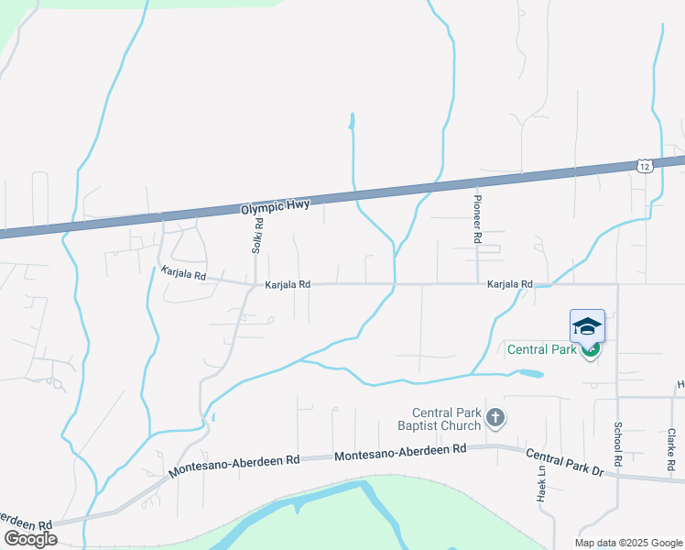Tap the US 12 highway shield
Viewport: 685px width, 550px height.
645,165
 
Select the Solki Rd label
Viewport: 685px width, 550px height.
258,236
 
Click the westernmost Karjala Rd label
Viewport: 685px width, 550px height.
183,273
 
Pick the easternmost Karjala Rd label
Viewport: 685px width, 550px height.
510,285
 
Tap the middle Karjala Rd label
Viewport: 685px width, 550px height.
288,285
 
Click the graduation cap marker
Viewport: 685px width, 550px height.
587,326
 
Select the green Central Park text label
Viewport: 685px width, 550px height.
542,349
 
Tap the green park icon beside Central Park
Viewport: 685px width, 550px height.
591,349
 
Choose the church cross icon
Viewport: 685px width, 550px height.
495,419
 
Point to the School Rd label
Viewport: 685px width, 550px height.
618,442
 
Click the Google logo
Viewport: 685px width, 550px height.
31,539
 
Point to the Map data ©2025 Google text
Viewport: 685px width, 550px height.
628,543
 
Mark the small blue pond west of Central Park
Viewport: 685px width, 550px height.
529,374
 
